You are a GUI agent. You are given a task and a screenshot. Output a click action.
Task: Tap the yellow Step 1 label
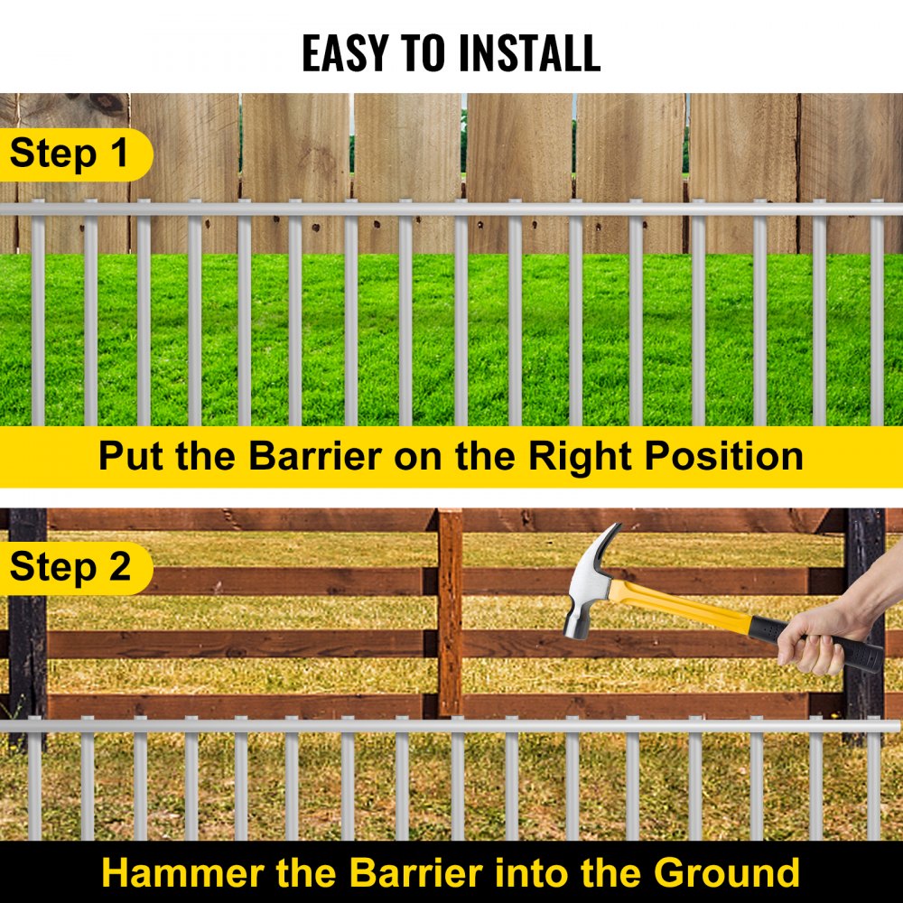tap(70, 154)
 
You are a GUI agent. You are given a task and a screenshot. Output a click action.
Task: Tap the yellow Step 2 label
tap(70, 567)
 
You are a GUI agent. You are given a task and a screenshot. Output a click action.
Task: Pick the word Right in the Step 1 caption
tap(579, 456)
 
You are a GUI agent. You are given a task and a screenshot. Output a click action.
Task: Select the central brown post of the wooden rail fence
tap(450, 614)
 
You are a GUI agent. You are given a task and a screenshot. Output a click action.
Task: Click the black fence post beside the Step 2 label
tap(27, 632)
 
